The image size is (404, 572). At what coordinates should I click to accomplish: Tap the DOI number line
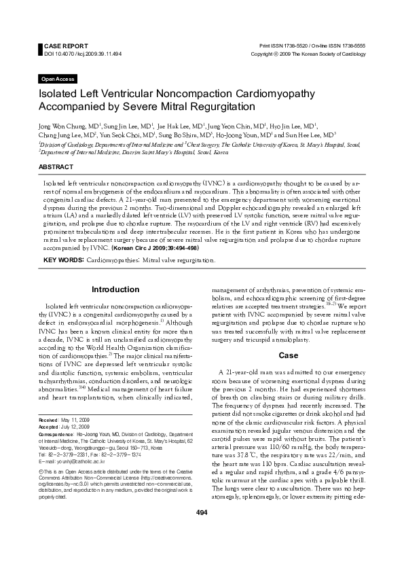pyautogui.click(x=73, y=52)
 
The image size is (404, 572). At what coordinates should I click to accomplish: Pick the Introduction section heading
pyautogui.click(x=115, y=290)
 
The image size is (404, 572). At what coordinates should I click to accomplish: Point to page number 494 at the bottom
pyautogui.click(x=202, y=550)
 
